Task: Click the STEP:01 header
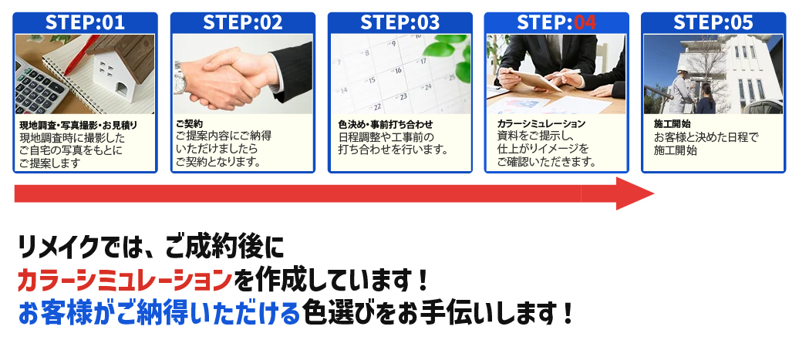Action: (x=85, y=22)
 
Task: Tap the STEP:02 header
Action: (x=242, y=22)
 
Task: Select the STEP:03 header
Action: (x=400, y=22)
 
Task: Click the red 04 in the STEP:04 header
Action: (x=585, y=22)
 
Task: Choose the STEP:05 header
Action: (x=713, y=22)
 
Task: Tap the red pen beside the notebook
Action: (x=82, y=56)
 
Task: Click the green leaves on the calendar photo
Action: (x=448, y=56)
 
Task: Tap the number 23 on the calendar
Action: (x=403, y=96)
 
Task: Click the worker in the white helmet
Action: (x=681, y=91)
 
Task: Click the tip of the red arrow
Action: (x=654, y=193)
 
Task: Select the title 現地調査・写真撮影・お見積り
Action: (x=79, y=125)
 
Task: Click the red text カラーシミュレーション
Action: (x=125, y=281)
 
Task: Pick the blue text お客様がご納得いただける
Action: (x=159, y=315)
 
